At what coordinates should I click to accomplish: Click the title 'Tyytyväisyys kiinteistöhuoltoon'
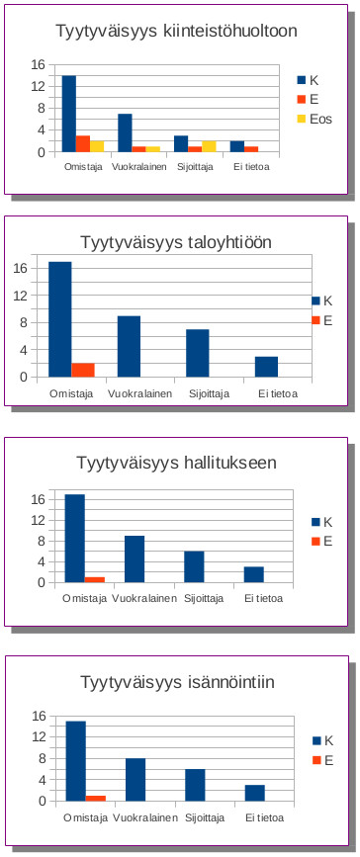(175, 32)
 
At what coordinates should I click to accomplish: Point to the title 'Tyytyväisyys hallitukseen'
(176, 463)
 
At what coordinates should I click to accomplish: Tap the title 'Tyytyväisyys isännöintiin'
(176, 681)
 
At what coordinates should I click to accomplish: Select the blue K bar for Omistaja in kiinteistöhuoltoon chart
(69, 114)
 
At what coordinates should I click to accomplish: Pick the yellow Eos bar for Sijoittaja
(209, 146)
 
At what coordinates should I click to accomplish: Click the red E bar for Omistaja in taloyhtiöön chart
(83, 370)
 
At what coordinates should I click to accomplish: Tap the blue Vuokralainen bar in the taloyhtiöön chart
(129, 346)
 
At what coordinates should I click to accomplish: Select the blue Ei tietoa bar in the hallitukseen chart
(254, 574)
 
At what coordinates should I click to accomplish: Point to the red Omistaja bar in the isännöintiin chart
(96, 798)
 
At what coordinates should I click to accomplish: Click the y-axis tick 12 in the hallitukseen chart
(39, 520)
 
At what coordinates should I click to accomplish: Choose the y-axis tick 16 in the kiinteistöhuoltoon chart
(39, 65)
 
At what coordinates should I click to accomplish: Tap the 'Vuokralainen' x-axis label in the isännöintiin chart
(145, 817)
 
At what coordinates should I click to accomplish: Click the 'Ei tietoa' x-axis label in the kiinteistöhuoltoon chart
(251, 166)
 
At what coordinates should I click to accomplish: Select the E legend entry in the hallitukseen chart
(322, 541)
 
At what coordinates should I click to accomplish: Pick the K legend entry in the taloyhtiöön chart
(322, 301)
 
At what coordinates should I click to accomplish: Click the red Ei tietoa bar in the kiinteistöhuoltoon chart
(251, 148)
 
